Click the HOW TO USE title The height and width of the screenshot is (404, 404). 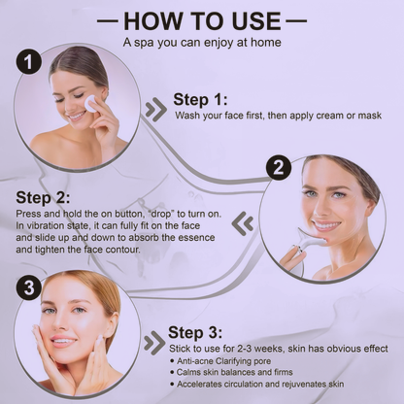pyautogui.click(x=202, y=20)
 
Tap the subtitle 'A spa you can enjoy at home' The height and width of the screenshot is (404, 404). pyautogui.click(x=202, y=43)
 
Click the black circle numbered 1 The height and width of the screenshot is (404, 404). pyautogui.click(x=30, y=62)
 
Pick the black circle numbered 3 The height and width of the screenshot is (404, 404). pyautogui.click(x=30, y=287)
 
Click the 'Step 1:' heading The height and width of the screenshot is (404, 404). pyautogui.click(x=201, y=98)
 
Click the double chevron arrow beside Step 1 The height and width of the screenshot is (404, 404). pyautogui.click(x=154, y=109)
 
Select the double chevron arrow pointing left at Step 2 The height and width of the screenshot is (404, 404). pyautogui.click(x=246, y=224)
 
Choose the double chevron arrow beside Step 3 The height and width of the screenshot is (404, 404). pyautogui.click(x=153, y=342)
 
